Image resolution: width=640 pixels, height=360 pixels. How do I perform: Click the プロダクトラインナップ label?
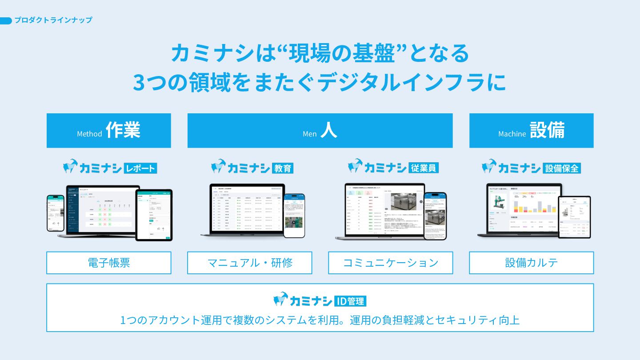pos(53,20)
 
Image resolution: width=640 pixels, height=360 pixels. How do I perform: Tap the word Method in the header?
pos(89,134)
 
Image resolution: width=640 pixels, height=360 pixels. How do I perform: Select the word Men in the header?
pos(309,134)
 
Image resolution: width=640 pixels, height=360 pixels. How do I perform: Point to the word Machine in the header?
pos(512,134)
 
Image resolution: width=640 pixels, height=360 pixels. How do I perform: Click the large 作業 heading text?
pos(123,130)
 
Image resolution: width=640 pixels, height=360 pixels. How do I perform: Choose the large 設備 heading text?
pos(547,130)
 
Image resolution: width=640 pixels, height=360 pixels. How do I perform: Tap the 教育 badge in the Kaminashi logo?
pos(282,168)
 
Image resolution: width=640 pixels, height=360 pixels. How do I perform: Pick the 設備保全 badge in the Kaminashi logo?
pos(562,168)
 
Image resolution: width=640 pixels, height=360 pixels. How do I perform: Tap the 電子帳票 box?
pos(109,263)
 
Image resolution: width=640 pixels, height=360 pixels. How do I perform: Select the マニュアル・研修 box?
pos(250,263)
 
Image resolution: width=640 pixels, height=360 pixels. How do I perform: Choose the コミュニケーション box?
pos(391,263)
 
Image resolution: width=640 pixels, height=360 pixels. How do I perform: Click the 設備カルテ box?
pos(532,263)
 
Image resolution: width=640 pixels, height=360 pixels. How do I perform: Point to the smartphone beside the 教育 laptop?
pos(294,215)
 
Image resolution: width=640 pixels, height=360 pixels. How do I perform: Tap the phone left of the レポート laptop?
pos(56,213)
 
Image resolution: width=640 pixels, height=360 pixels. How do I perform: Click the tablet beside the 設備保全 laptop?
pos(574,217)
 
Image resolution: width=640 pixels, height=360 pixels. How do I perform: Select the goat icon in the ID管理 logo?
pos(281,299)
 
